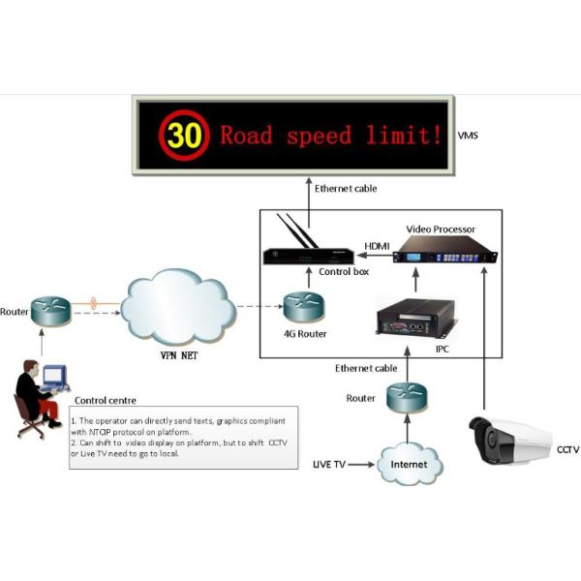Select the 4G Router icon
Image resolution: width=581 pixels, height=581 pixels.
[x=303, y=308]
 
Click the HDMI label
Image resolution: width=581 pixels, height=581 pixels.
[x=376, y=246]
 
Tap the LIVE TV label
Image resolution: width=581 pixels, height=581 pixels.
[x=329, y=466]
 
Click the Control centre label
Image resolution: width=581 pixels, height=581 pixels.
[x=104, y=400]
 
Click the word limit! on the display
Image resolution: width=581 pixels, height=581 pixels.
[x=407, y=136]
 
